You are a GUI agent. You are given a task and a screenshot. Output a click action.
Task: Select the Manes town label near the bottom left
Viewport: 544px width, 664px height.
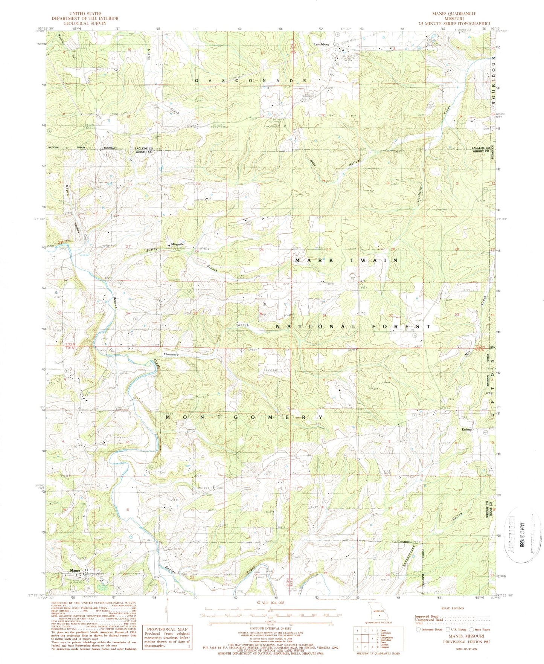point(75,571)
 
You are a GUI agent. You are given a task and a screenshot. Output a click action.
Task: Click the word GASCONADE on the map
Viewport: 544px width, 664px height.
point(251,81)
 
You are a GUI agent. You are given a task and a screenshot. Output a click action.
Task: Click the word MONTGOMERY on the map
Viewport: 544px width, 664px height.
point(244,417)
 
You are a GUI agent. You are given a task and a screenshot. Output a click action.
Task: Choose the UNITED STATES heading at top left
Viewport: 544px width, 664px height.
point(85,14)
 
